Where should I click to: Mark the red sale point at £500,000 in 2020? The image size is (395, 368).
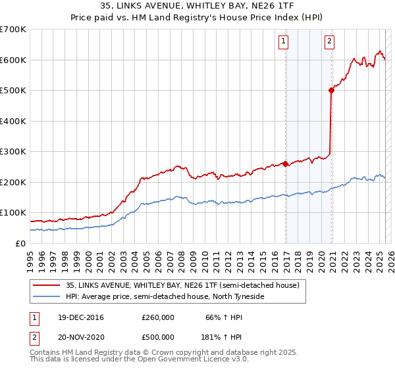point(331,91)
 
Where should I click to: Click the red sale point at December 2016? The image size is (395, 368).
point(285,164)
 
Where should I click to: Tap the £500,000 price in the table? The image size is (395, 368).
point(158,337)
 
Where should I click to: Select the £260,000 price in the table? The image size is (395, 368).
point(158,317)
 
